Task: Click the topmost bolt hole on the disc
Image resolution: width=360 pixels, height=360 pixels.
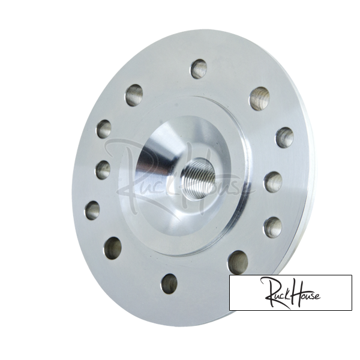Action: pyautogui.click(x=199, y=69)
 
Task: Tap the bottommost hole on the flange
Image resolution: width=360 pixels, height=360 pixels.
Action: pyautogui.click(x=169, y=284)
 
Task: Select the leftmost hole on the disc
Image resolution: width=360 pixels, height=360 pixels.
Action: pyautogui.click(x=92, y=210)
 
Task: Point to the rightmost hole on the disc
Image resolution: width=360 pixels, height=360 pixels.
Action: pyautogui.click(x=285, y=137)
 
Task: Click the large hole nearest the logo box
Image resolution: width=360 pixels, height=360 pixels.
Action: pyautogui.click(x=239, y=262)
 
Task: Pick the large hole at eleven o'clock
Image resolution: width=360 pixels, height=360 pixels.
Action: pyautogui.click(x=134, y=95)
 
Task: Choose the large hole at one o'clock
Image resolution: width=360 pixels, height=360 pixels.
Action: pyautogui.click(x=259, y=98)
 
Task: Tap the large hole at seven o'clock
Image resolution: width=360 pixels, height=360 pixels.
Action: pyautogui.click(x=113, y=248)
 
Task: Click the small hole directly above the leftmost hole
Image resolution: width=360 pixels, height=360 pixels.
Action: pyautogui.click(x=103, y=170)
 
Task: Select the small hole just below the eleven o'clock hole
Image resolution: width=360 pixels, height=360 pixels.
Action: pyautogui.click(x=104, y=129)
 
